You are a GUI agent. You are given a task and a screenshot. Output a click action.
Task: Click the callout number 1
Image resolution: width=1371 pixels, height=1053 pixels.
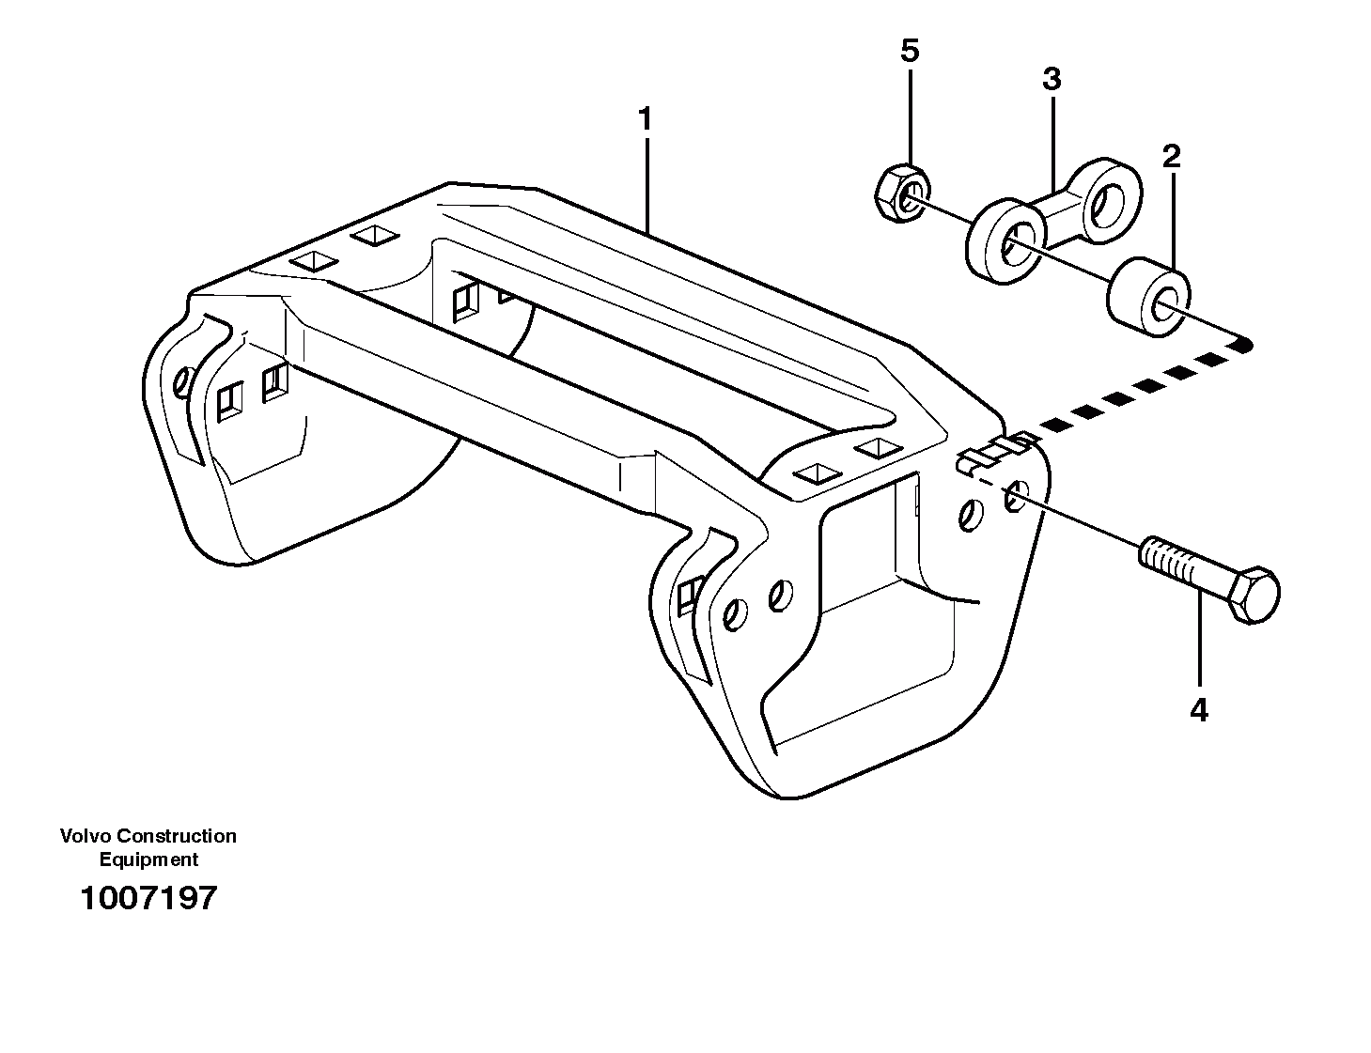pyautogui.click(x=645, y=120)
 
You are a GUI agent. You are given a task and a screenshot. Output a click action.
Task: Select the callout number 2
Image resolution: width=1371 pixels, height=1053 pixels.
pyautogui.click(x=1171, y=156)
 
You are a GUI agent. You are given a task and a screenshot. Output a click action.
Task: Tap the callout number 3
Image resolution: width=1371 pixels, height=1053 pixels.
pyautogui.click(x=1052, y=80)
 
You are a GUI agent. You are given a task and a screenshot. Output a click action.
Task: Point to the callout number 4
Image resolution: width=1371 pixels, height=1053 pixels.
pyautogui.click(x=1198, y=711)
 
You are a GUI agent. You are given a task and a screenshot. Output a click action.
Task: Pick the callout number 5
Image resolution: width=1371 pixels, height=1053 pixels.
pyautogui.click(x=909, y=51)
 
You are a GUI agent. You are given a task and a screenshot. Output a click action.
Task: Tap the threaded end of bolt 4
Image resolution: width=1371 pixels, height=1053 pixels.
pyautogui.click(x=1165, y=565)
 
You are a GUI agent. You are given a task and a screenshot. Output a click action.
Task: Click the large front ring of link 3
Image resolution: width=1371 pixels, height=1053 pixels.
pyautogui.click(x=1006, y=240)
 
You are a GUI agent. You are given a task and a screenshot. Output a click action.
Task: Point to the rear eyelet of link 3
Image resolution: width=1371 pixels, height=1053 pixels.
pyautogui.click(x=1109, y=196)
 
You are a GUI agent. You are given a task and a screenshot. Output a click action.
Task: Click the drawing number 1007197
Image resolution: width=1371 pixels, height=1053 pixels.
pyautogui.click(x=148, y=898)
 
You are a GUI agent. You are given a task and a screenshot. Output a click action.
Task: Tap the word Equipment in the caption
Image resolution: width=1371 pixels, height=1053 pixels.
pyautogui.click(x=148, y=859)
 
